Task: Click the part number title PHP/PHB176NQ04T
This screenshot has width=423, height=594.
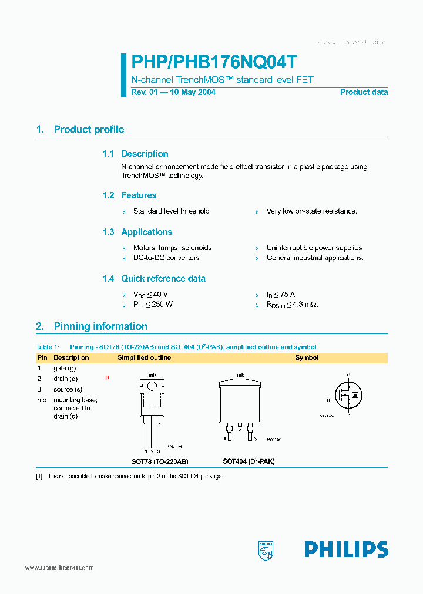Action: [214, 62]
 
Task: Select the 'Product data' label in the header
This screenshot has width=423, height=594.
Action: [364, 92]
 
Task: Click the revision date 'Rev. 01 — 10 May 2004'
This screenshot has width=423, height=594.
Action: [173, 92]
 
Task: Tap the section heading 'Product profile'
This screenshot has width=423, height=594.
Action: [89, 130]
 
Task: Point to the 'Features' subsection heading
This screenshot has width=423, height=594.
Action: [139, 195]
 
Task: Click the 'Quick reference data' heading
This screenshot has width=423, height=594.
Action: [163, 279]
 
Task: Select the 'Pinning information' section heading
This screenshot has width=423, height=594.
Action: [100, 326]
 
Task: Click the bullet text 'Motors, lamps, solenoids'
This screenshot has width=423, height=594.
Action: [172, 248]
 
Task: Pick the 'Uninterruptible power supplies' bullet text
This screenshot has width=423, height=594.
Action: [314, 248]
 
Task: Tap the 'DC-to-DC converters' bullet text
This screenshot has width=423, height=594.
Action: [166, 258]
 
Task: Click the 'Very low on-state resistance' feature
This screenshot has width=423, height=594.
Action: [311, 211]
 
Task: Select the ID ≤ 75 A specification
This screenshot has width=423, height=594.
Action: [280, 295]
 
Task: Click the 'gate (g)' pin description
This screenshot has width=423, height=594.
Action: [65, 368]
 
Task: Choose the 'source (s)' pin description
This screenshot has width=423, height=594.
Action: [68, 389]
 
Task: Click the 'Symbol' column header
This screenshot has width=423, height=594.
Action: [307, 357]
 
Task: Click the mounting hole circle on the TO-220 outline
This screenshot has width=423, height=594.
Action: [152, 386]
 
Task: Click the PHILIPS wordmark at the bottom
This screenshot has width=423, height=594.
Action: [346, 549]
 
